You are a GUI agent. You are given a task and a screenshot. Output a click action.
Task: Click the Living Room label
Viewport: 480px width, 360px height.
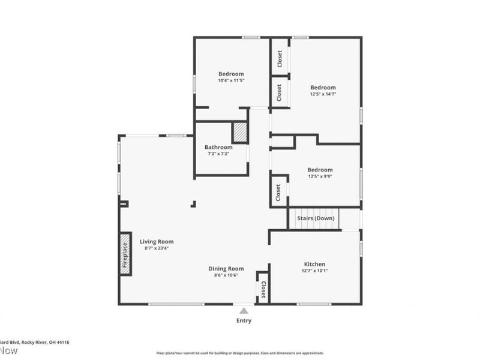157,241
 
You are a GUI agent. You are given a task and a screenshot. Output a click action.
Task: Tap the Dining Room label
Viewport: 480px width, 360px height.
226,268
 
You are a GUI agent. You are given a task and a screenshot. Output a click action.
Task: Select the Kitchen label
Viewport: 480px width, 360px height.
314,264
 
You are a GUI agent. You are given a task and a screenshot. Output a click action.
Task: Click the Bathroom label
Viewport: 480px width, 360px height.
218,147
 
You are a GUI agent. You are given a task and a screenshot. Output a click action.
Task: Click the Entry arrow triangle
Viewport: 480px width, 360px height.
244,311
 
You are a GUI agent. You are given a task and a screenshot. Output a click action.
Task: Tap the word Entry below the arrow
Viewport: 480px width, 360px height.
244,320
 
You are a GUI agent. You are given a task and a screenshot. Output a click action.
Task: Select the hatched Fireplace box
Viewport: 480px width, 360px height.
125,253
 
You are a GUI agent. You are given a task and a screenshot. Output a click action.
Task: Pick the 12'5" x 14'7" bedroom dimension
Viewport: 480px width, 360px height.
323,94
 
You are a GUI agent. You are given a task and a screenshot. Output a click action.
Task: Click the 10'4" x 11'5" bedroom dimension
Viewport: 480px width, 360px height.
231,80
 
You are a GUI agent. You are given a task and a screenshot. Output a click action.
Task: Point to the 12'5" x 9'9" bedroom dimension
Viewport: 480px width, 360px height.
320,176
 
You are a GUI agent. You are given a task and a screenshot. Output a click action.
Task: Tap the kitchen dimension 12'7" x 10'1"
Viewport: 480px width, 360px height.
314,271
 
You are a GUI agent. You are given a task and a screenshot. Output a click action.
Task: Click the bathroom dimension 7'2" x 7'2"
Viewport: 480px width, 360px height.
218,154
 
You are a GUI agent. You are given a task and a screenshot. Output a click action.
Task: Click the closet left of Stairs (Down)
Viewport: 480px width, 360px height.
278,192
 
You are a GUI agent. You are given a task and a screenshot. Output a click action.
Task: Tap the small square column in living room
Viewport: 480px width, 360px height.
193,205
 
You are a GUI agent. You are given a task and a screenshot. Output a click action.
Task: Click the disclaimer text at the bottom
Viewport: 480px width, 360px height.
240,353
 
